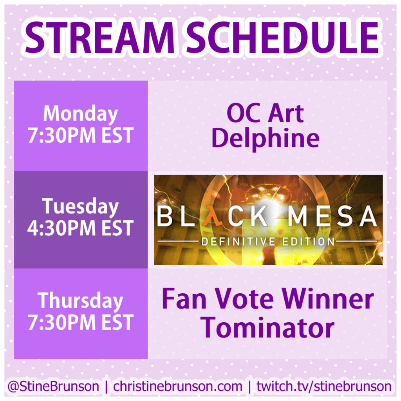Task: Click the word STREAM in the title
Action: click(100, 38)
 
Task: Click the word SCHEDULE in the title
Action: click(283, 38)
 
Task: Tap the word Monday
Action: click(81, 114)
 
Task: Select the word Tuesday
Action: click(81, 207)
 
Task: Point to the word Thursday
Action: click(81, 301)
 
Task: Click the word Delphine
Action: click(266, 138)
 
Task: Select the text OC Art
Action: click(266, 113)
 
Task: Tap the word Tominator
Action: click(267, 328)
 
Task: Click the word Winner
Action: click(329, 299)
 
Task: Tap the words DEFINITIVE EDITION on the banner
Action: click(268, 241)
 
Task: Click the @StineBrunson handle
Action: click(53, 386)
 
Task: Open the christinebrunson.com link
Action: click(178, 386)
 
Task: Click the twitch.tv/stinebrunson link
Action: click(324, 386)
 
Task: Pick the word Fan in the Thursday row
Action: click(184, 299)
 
